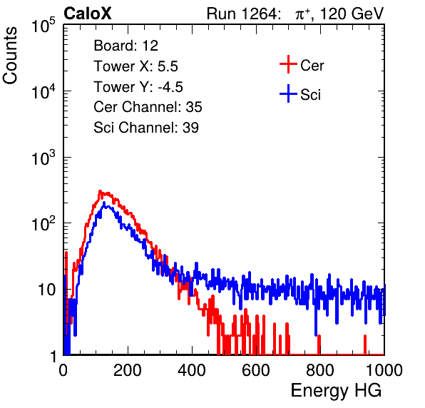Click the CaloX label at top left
pos(88,14)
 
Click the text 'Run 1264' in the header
pos(242,14)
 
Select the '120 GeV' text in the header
pos(352,14)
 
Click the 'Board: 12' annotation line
pos(126,46)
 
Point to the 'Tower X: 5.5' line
pos(135,66)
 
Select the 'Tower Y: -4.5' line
pos(138,87)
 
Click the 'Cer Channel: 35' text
pos(148,107)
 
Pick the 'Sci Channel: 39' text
pos(146,128)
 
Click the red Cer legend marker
pos(288,64)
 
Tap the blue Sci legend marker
pos(288,93)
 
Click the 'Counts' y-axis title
pos(10,56)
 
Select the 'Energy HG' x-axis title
pos(336,391)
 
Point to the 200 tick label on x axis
pos(128,370)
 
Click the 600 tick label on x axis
pos(256,370)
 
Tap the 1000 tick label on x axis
pos(384,370)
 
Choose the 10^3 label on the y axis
pos(43,158)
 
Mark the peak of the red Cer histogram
pos(100,191)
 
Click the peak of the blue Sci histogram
pos(104,203)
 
